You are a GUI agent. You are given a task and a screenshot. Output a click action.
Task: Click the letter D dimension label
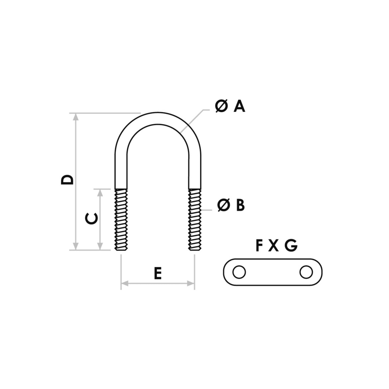point(67,180)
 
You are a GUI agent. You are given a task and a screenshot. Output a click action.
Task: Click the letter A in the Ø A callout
point(240,107)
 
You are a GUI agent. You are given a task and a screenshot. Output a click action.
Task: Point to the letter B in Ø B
point(240,205)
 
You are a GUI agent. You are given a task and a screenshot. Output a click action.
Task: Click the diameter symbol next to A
point(221,107)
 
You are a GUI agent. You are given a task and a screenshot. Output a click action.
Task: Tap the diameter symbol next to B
point(224,205)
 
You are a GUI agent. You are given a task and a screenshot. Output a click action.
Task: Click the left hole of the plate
point(239,272)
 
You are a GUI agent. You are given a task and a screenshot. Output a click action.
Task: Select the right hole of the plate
point(306,272)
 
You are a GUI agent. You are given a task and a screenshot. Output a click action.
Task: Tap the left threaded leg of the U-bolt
point(121,220)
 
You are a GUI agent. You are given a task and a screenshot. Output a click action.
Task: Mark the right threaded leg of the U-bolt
point(195,220)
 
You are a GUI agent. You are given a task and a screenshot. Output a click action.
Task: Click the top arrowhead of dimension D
point(76,117)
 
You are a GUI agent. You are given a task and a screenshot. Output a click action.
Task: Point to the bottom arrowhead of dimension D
point(76,246)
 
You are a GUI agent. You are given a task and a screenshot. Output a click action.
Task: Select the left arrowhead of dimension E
point(125,283)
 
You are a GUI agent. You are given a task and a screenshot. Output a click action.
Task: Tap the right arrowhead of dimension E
point(191,283)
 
